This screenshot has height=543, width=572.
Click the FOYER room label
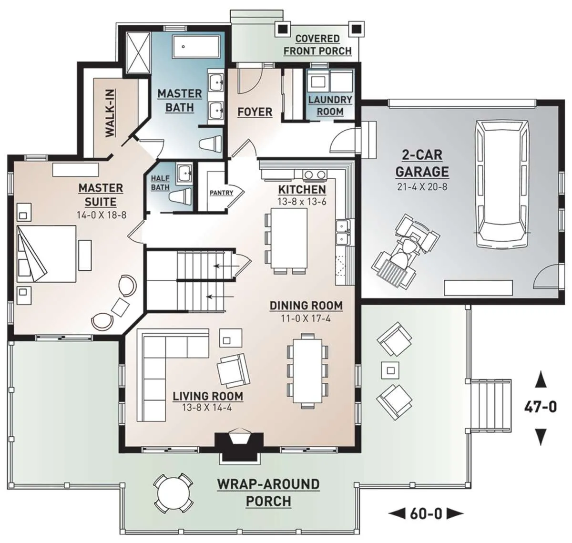coord(255,112)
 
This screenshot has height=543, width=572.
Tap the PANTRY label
coord(222,193)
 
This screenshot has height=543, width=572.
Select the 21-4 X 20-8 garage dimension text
coord(422,186)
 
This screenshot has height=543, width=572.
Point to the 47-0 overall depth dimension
coord(541,408)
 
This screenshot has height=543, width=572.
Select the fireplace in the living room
coord(239,446)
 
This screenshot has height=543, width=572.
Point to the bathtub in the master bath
coord(196,47)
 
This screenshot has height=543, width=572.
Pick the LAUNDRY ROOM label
coord(330,105)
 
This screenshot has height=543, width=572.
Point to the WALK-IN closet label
coord(110,113)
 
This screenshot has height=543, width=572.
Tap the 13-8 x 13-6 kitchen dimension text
coord(302,201)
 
